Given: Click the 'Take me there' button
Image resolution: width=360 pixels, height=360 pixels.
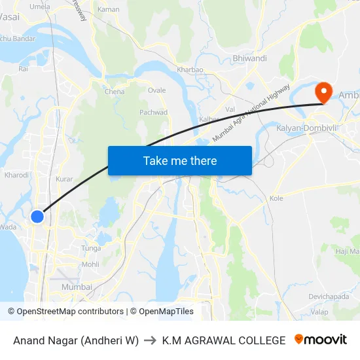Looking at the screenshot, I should (x=180, y=160).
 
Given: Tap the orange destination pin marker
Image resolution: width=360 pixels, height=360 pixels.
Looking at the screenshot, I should (x=323, y=92).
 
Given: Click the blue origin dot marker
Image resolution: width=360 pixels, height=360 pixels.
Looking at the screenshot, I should (x=37, y=216).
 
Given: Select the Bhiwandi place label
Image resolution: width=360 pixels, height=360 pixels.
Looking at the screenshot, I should (x=250, y=58).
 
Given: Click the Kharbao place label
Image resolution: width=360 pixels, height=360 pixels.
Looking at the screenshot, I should (x=190, y=69).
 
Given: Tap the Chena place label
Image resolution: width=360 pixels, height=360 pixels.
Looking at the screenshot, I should (x=115, y=92).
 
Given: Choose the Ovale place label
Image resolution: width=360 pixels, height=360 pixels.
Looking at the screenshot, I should (x=156, y=90).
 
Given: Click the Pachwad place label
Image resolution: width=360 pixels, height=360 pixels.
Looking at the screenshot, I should (x=154, y=113).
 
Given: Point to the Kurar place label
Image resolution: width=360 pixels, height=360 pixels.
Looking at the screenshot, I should (x=64, y=179).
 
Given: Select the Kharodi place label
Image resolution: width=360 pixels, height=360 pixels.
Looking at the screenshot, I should (x=16, y=175).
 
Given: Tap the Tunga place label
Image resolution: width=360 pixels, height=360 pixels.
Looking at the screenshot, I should (x=90, y=248).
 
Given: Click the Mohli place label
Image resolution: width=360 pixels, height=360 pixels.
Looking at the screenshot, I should (x=90, y=265).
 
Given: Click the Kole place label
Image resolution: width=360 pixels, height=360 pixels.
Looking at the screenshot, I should (x=276, y=198).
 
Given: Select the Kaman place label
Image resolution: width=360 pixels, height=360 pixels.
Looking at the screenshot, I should (x=108, y=9).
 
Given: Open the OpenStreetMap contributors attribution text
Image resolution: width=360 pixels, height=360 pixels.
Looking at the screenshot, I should (x=70, y=312).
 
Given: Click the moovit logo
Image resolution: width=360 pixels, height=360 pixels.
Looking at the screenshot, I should (x=321, y=340).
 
